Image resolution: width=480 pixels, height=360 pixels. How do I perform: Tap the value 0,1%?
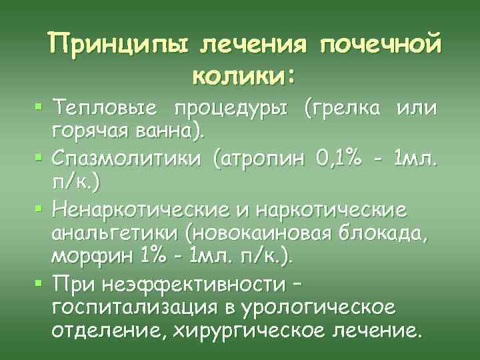point(341,160)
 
